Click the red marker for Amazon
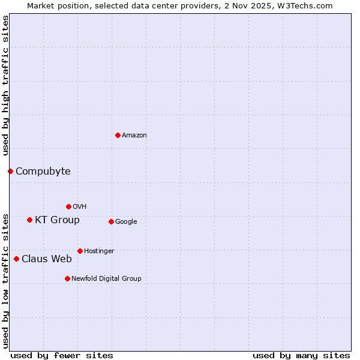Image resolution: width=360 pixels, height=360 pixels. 118,135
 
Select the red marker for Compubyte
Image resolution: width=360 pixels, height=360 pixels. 10,171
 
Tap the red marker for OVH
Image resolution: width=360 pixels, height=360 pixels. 68,206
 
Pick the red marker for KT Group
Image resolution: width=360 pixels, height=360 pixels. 29,220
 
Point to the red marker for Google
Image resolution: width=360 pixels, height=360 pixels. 111,221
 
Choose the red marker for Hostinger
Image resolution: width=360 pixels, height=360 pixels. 80,251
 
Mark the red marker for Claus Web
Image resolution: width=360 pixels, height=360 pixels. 16,259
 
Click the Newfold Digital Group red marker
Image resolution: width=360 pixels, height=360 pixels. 67,278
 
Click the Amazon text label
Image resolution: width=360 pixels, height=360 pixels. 134,136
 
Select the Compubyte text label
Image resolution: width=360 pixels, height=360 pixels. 43,172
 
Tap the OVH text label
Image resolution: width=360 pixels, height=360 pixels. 80,207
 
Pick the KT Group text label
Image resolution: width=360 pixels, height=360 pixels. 57,220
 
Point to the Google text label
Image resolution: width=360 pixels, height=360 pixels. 126,222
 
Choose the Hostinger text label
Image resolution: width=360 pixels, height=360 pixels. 99,251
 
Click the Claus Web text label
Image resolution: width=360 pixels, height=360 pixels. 47,259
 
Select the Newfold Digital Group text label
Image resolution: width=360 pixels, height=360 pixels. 106,279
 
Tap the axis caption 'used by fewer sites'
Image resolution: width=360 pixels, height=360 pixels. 62,356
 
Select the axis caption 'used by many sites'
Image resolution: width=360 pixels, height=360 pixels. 301,356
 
